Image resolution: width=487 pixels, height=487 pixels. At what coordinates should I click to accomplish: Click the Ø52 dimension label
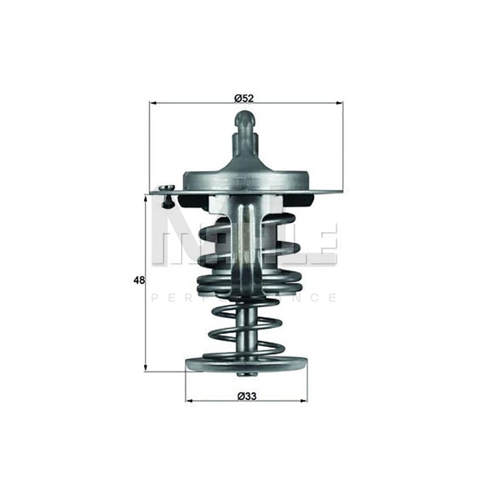244,98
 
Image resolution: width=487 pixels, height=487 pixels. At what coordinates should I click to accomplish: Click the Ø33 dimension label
246,396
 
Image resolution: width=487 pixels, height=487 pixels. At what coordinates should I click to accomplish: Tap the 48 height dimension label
139,280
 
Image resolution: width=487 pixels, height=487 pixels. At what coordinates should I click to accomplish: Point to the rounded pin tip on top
245,118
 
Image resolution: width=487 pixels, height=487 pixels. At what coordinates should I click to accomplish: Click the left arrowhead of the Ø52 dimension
153,102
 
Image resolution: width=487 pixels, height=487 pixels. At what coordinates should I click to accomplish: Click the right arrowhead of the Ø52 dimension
340,102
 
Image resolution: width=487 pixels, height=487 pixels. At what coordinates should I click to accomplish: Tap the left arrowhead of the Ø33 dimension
189,401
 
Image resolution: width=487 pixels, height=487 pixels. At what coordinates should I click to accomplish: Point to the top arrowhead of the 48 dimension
146,199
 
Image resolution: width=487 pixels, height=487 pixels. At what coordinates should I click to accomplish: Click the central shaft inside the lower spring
246,330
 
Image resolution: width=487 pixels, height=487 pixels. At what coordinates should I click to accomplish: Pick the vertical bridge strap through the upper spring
246,243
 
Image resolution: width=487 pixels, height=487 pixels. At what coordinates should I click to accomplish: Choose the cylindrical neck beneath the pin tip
245,143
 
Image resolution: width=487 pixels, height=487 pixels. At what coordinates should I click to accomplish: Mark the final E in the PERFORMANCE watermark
332,298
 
